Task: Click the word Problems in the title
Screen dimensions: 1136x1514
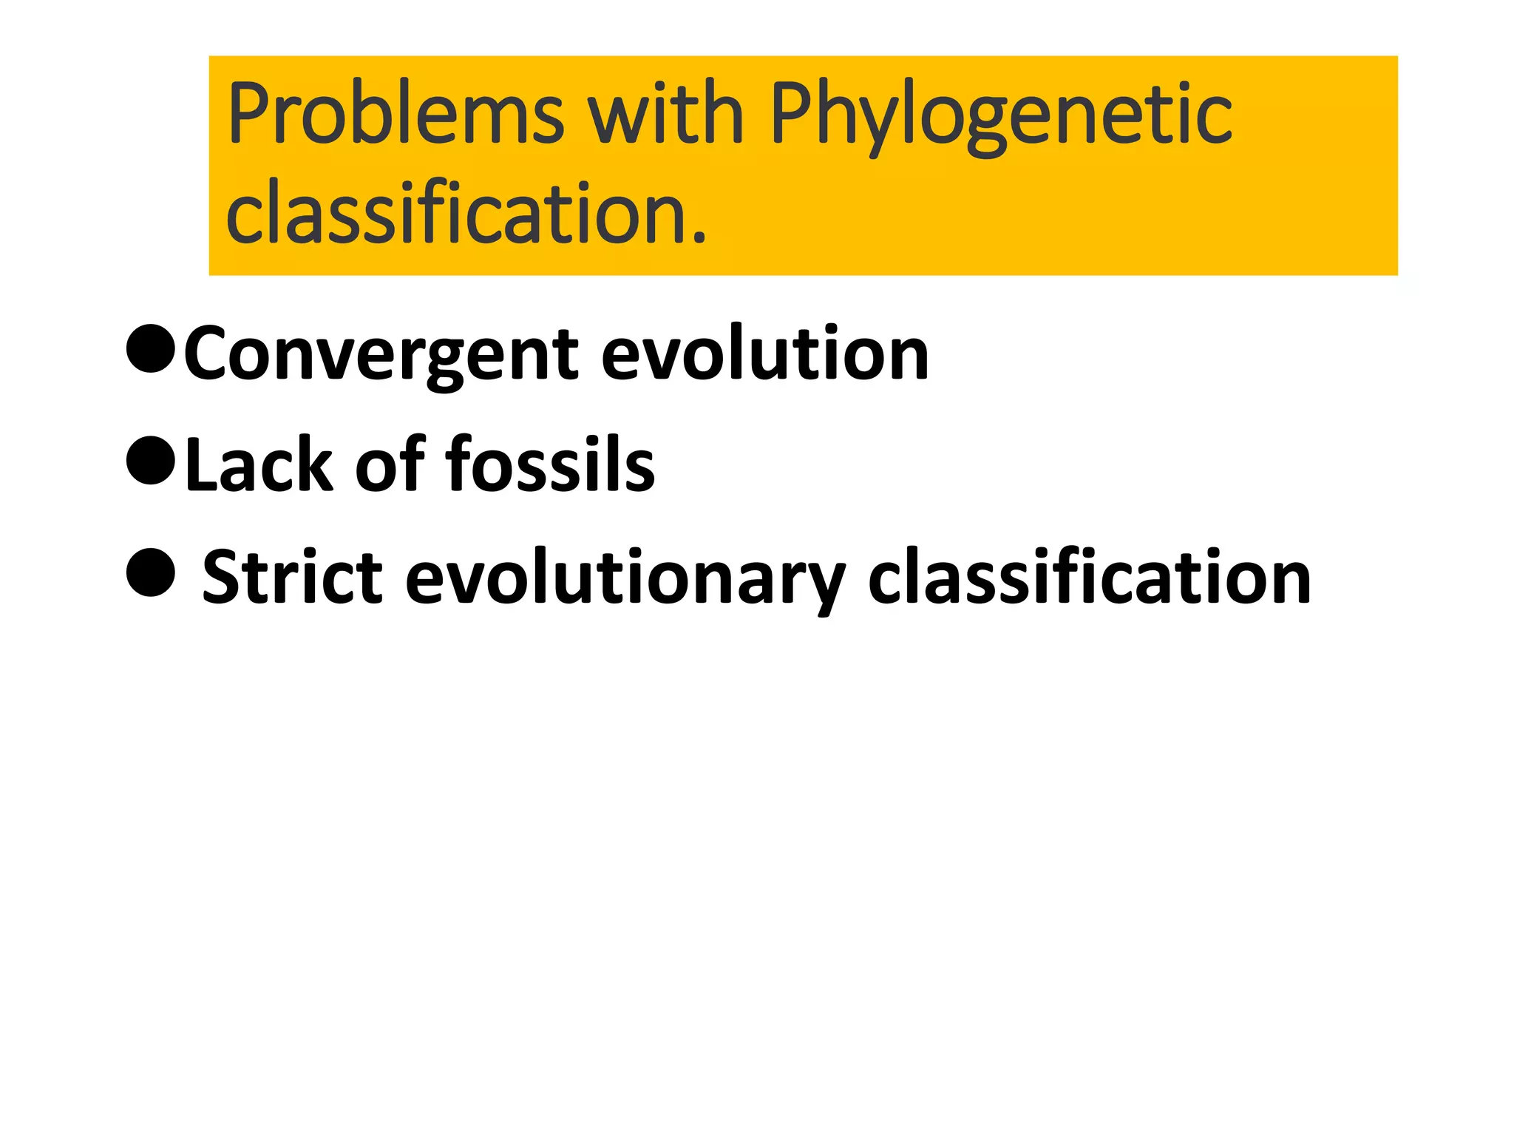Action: click(x=396, y=115)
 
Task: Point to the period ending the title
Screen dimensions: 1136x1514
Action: click(x=699, y=237)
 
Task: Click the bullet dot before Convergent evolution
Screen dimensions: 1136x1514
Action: click(x=151, y=349)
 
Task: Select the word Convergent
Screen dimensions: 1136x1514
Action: click(x=381, y=356)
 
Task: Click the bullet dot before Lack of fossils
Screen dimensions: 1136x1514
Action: click(x=151, y=460)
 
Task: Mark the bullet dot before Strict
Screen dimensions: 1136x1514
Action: click(x=151, y=572)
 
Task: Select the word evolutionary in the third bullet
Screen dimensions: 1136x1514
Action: click(x=625, y=579)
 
